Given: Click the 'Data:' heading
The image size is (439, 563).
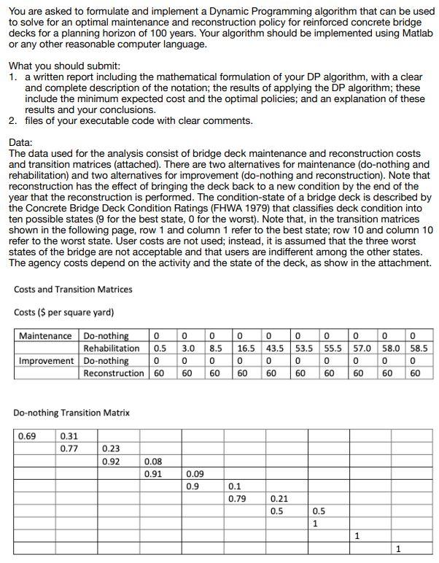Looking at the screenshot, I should [x=22, y=143].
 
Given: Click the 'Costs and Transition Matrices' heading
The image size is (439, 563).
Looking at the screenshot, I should [x=73, y=290].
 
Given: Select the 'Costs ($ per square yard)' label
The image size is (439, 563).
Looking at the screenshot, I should [x=63, y=312].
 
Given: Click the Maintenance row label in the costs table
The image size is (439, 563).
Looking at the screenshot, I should [x=45, y=335].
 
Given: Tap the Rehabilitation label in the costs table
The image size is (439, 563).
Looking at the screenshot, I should [x=111, y=348].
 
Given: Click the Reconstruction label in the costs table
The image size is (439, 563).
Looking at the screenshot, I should [x=114, y=373].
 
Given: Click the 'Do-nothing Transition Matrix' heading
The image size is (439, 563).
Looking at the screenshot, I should [x=71, y=413].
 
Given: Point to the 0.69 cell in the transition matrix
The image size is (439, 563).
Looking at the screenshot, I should [x=27, y=436].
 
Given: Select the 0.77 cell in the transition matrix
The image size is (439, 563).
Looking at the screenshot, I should [x=69, y=449].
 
